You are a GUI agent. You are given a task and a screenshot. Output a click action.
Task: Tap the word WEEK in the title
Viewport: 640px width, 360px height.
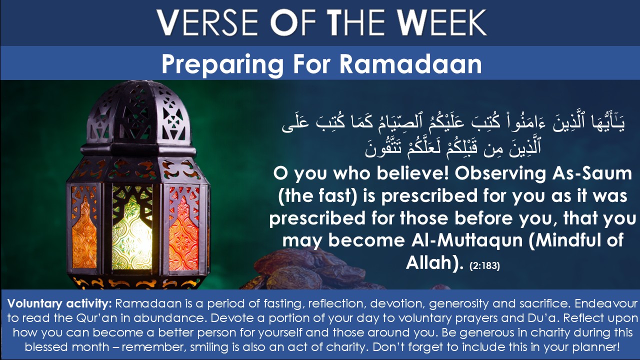442,22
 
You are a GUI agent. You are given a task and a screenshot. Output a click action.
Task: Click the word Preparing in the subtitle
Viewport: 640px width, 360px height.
222,65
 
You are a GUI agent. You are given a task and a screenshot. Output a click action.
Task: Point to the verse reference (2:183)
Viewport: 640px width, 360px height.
484,265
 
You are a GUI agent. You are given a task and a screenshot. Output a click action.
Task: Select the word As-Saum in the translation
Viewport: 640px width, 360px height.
591,173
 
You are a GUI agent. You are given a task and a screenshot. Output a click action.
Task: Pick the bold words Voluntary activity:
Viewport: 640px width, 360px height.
59,303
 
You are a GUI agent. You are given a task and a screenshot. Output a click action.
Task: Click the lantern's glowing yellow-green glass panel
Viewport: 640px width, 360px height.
132,228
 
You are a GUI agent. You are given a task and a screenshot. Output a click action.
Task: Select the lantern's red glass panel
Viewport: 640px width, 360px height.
183,228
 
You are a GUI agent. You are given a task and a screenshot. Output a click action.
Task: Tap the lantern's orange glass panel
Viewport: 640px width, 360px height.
84,228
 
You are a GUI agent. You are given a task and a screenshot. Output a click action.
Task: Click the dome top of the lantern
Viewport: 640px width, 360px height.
139,114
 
